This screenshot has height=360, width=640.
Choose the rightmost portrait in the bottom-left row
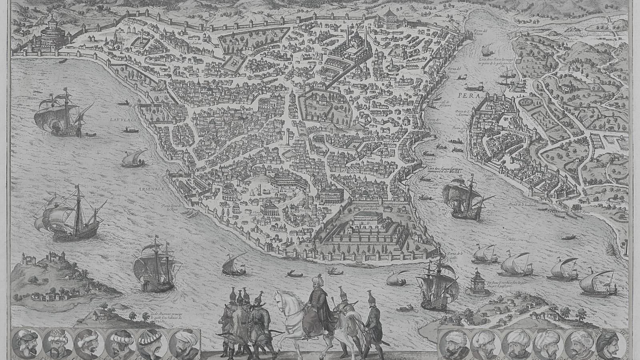pos(185,343)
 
